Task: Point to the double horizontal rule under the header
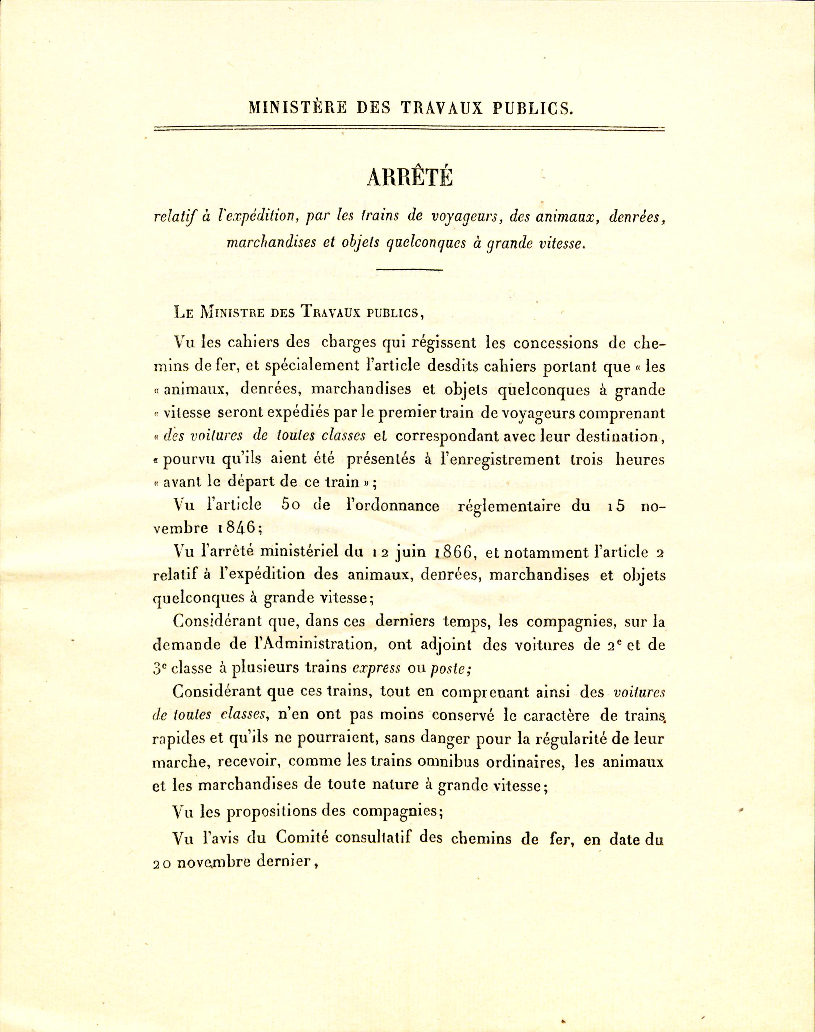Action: tap(409, 129)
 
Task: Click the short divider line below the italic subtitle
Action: tap(409, 270)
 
